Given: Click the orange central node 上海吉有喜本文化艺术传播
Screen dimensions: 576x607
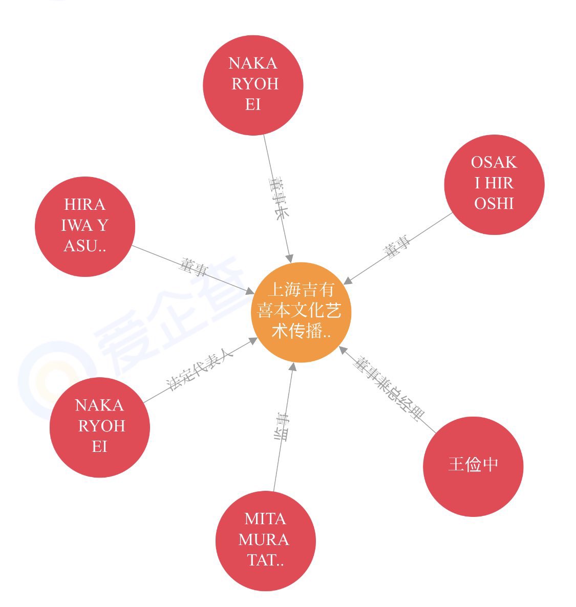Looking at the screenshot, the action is pyautogui.click(x=301, y=312).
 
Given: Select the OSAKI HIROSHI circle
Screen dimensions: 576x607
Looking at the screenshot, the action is pyautogui.click(x=494, y=184).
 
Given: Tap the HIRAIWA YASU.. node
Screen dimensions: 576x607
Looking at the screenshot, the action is pyautogui.click(x=85, y=226).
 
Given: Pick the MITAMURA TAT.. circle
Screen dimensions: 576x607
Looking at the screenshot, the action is pyautogui.click(x=265, y=540).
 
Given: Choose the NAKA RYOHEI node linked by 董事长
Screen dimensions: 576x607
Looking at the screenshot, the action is pyautogui.click(x=253, y=85).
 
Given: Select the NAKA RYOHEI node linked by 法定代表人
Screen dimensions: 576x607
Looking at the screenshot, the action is pyautogui.click(x=100, y=427).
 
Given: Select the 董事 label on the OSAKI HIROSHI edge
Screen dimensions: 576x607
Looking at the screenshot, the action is pyautogui.click(x=397, y=247).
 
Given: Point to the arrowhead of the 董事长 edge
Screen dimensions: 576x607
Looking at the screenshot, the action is pyautogui.click(x=290, y=258).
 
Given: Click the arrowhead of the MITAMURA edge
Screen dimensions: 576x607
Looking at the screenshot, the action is pyautogui.click(x=293, y=366).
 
